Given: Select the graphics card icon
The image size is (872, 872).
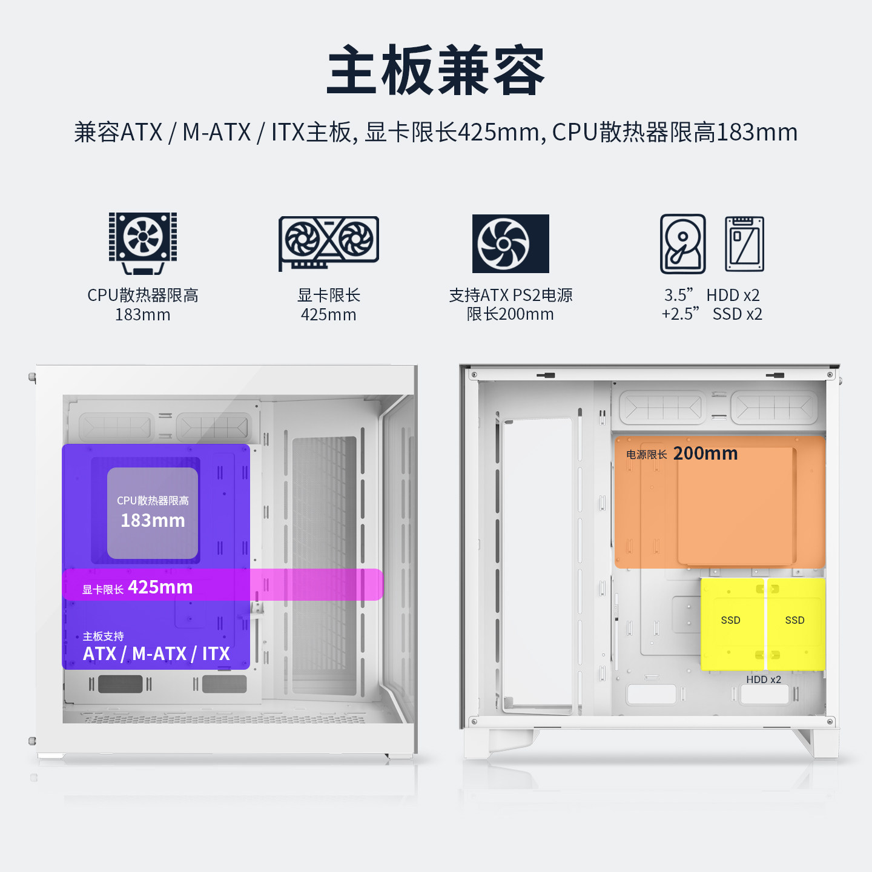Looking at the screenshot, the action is [x=329, y=243].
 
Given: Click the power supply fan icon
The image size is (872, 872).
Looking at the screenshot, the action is [x=510, y=243].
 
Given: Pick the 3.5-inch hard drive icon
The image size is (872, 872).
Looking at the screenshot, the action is [x=682, y=244].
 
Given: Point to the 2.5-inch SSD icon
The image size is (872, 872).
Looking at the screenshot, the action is [x=744, y=244].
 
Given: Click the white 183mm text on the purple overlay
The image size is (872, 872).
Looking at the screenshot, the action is [x=153, y=520].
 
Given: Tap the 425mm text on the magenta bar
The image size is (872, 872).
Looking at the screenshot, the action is [x=160, y=587].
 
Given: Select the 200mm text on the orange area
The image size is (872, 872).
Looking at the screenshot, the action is [x=705, y=453].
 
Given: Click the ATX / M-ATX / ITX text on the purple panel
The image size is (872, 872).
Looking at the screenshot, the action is [x=156, y=653].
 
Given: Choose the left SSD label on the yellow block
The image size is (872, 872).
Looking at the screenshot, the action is [x=730, y=620].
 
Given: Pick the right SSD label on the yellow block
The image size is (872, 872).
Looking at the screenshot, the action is [x=794, y=620].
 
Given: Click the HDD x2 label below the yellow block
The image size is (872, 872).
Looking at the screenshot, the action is [x=763, y=679].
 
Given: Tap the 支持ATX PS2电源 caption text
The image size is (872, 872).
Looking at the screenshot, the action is [x=510, y=295].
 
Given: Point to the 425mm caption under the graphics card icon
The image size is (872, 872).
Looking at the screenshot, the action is [x=329, y=314].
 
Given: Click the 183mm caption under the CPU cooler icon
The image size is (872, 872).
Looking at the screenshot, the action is [x=143, y=314].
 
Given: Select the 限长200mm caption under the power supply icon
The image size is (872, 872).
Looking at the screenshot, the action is [x=510, y=314].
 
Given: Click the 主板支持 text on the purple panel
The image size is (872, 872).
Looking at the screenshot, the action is [x=104, y=636].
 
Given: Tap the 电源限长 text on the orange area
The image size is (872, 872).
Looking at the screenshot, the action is [x=646, y=455].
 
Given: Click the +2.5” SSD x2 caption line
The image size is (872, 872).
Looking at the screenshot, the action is [x=712, y=314].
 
